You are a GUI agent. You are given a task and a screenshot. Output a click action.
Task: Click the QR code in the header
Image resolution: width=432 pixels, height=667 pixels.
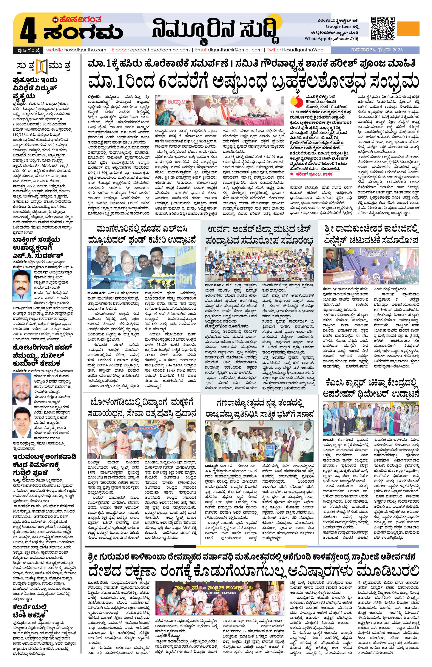[x=383, y=29]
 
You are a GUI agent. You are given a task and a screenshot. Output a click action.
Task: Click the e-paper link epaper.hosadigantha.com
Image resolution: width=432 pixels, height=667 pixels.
[x=159, y=50]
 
